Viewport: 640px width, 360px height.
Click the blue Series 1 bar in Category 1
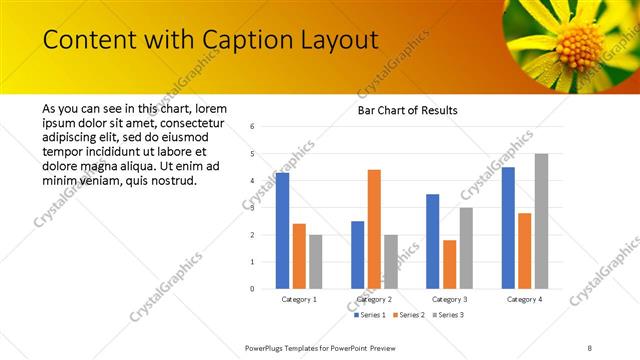click(x=282, y=231)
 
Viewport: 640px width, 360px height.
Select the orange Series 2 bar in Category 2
click(x=374, y=229)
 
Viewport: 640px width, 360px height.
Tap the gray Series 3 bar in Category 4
click(x=541, y=221)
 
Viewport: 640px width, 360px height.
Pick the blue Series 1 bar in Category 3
click(x=433, y=241)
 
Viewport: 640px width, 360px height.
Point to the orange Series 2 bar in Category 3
click(x=449, y=264)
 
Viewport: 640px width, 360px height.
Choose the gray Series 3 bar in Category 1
click(x=315, y=262)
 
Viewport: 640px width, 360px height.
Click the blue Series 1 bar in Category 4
click(x=508, y=228)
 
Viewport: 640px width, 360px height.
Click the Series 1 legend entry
click(x=372, y=315)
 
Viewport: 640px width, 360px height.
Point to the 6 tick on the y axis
click(x=253, y=127)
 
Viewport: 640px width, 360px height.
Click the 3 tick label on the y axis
click(x=253, y=208)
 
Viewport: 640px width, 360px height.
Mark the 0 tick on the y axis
click(x=253, y=289)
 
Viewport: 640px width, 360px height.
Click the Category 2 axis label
click(x=374, y=299)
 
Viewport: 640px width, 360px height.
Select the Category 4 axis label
click(x=524, y=299)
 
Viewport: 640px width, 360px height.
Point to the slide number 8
click(x=590, y=348)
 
